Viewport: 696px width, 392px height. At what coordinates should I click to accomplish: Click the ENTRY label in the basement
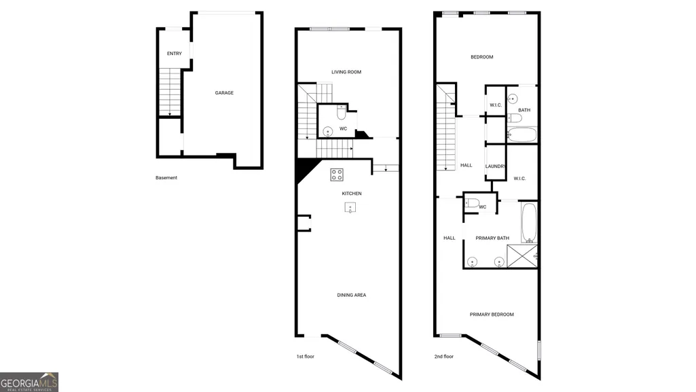point(175,54)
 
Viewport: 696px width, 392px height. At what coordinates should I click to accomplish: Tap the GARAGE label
point(224,93)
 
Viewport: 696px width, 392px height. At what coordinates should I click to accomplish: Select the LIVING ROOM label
point(346,72)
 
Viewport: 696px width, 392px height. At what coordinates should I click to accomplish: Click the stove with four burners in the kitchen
point(337,175)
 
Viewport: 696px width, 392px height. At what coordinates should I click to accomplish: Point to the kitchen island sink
point(350,207)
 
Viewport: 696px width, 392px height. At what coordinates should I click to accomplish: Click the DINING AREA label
point(352,296)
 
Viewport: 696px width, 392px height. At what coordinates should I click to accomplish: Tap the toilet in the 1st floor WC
point(342,113)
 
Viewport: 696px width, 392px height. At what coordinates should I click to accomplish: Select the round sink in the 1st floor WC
point(327,132)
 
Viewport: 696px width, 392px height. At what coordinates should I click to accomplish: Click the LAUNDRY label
point(496,166)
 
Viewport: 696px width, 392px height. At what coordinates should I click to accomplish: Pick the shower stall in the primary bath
point(522,256)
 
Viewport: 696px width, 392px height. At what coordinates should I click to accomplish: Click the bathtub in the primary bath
point(529,222)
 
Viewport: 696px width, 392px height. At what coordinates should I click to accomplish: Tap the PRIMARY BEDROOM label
point(492,315)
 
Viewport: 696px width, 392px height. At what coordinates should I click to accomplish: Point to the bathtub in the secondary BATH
point(522,135)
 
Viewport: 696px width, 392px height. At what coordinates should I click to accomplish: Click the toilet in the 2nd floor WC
point(472,203)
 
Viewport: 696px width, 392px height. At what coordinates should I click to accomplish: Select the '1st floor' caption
point(306,357)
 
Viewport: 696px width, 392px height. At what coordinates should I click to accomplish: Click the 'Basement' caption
point(166,177)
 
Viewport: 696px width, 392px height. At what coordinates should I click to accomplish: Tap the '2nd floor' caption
point(444,357)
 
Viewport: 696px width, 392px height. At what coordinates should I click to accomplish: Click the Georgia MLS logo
point(29,382)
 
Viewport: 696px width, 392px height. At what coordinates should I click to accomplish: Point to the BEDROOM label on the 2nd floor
point(482,57)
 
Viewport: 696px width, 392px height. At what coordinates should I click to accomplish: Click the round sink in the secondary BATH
point(513,99)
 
